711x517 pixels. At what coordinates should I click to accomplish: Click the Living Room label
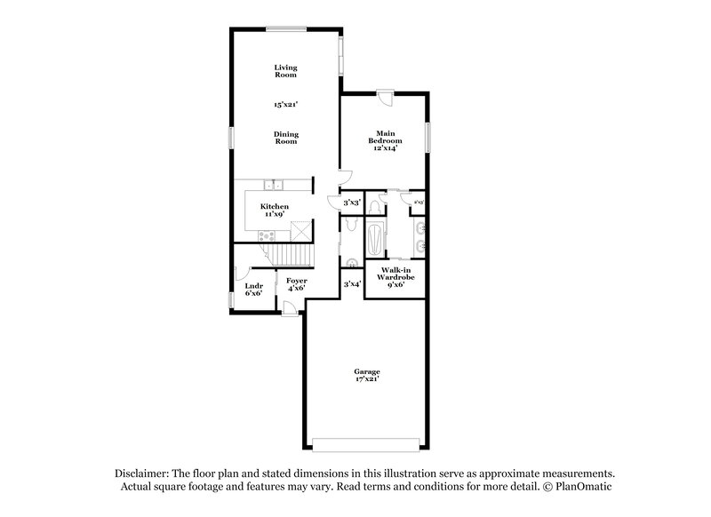click(x=285, y=71)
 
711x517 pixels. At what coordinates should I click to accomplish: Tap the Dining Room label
click(x=285, y=138)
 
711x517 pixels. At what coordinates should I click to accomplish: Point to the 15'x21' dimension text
click(x=285, y=104)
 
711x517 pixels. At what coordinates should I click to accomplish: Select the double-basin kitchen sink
click(x=276, y=185)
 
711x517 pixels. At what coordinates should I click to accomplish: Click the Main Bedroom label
click(x=386, y=140)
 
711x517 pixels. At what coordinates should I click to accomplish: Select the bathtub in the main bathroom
click(x=376, y=240)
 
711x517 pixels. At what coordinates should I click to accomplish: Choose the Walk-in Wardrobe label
click(x=395, y=275)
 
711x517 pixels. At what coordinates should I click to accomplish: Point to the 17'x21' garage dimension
click(x=368, y=379)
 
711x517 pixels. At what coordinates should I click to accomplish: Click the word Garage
click(x=368, y=371)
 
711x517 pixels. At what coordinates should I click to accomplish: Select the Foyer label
click(x=296, y=284)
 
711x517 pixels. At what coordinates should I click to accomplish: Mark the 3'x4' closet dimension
click(x=352, y=284)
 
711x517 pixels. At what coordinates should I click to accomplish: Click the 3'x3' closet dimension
click(x=352, y=203)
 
